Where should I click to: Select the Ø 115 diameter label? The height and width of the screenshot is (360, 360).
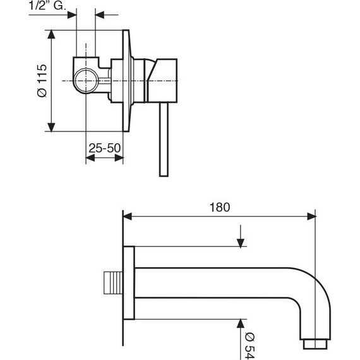pos(40,80)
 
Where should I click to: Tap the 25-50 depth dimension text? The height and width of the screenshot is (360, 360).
pos(104,148)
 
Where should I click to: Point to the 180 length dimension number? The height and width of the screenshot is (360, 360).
pos(220,206)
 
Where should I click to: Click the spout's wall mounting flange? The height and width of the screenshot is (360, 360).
pos(129,283)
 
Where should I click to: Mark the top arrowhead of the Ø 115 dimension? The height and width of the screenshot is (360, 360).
pos(51,33)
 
